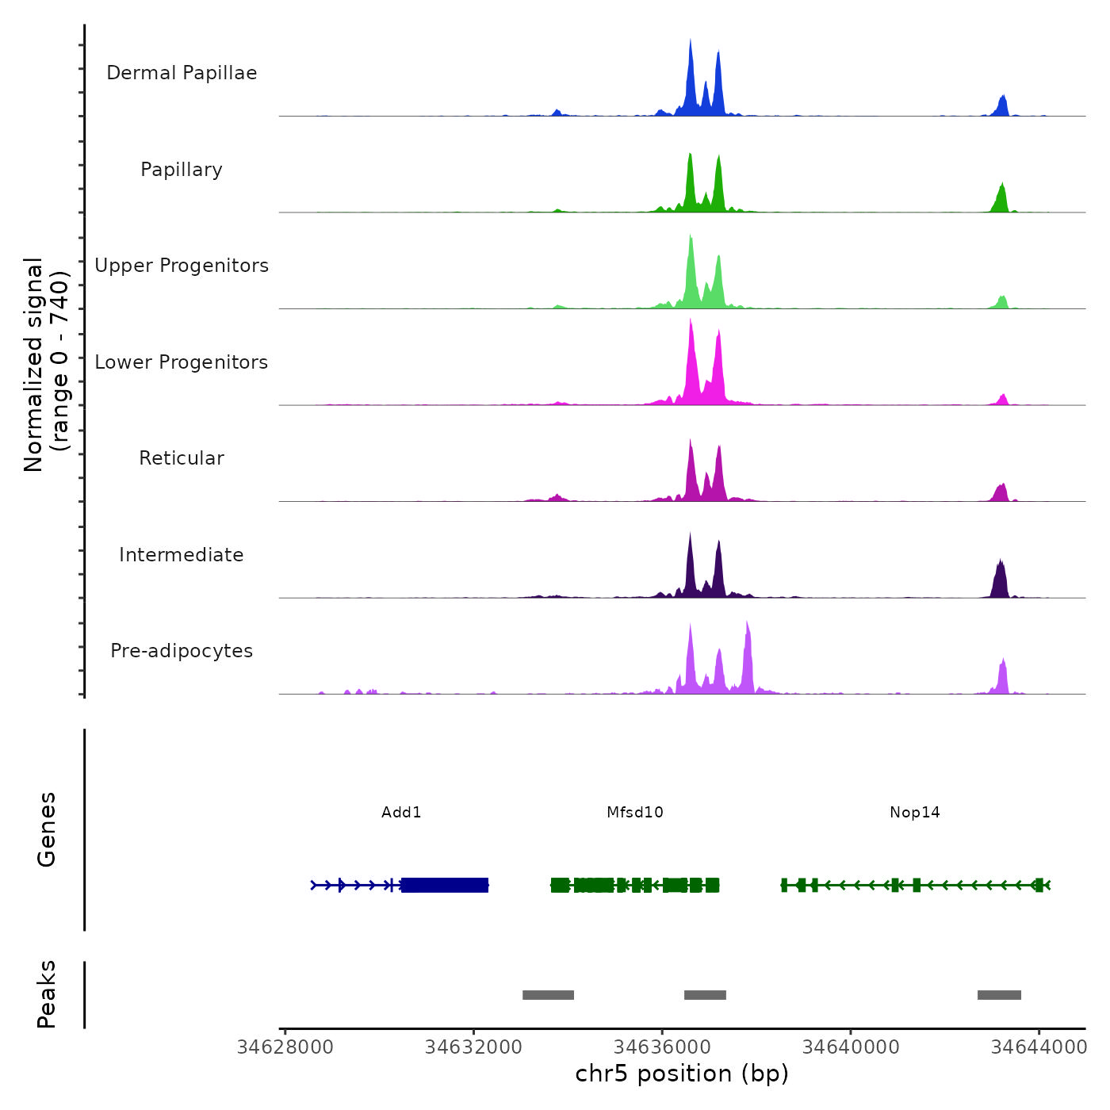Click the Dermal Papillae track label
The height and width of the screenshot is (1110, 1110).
point(182,73)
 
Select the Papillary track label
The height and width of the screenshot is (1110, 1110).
point(182,170)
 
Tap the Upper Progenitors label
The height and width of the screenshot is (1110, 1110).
point(182,266)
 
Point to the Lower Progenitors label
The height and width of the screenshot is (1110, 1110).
point(182,362)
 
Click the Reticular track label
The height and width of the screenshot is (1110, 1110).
point(182,458)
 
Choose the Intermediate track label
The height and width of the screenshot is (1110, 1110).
point(182,555)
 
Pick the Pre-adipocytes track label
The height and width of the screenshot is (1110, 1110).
point(182,651)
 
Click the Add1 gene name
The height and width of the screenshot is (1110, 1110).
point(401,812)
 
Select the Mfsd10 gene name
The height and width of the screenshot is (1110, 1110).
point(634,812)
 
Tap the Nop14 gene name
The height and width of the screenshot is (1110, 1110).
point(914,812)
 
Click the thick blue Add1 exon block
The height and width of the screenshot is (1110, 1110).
point(445,885)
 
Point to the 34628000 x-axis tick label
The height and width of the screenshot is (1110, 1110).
point(285,1047)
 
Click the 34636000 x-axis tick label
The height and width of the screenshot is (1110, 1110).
point(663,1047)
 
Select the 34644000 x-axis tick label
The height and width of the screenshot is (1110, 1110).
point(1039,1047)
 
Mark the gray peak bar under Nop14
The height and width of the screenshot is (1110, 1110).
point(999,995)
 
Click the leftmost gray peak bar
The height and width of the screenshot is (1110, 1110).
point(548,995)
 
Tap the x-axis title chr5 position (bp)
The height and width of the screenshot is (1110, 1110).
point(682,1074)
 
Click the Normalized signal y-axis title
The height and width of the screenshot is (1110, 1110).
point(46,365)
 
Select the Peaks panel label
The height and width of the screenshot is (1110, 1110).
point(46,994)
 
